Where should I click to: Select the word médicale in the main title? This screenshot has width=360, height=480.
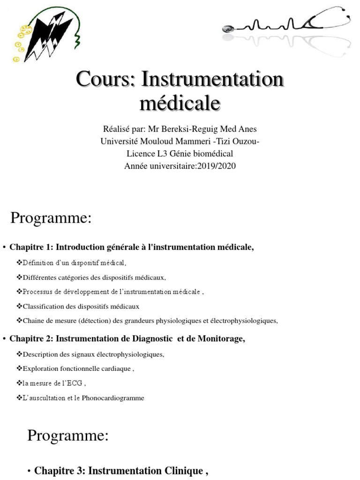pos(180,103)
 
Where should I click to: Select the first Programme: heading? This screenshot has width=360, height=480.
pos(51,218)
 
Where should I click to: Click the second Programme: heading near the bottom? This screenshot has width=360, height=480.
pos(67,435)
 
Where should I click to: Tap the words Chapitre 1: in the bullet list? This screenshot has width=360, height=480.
pos(30,247)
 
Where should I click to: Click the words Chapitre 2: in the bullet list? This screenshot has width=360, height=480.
pos(30,338)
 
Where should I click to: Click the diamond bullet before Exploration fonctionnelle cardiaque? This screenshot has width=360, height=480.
pos(19,368)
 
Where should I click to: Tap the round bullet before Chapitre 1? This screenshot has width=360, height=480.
pos(4,247)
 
